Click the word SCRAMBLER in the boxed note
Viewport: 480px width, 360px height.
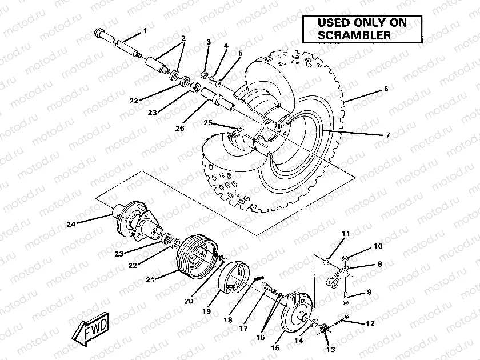pyautogui.click(x=354, y=35)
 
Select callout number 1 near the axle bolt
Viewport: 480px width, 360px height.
pyautogui.click(x=145, y=30)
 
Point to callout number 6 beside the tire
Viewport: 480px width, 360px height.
pyautogui.click(x=386, y=89)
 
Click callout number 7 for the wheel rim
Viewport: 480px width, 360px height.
pyautogui.click(x=387, y=135)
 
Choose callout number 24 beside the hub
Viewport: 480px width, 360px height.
pyautogui.click(x=71, y=224)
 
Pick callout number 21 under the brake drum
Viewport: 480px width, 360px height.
pyautogui.click(x=151, y=279)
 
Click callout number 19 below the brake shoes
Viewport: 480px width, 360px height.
pyautogui.click(x=206, y=311)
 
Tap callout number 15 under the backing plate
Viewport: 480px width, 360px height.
pyautogui.click(x=275, y=347)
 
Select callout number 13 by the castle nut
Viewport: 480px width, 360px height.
pyautogui.click(x=329, y=349)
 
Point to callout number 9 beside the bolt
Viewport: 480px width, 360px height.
pyautogui.click(x=369, y=292)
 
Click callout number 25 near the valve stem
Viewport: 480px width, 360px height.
pyautogui.click(x=208, y=123)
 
